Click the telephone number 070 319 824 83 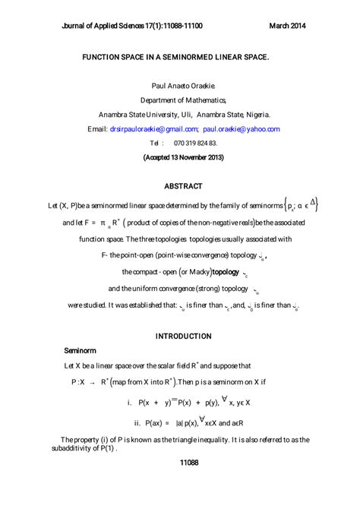click(x=195, y=143)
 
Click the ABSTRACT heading click(x=183, y=186)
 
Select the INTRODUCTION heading click(x=183, y=336)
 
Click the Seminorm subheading click(x=80, y=352)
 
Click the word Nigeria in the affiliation click(x=253, y=115)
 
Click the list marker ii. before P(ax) click(x=138, y=422)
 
